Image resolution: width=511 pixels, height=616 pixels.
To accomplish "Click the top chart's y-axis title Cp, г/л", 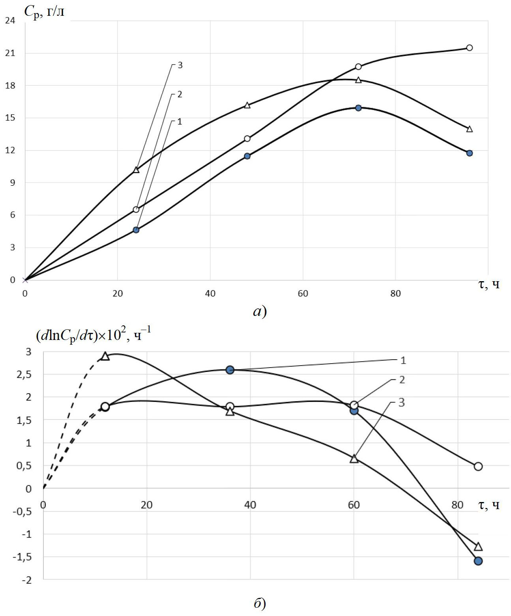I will point(44,12).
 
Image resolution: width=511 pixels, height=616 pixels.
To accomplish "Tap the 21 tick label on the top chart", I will point(10,53).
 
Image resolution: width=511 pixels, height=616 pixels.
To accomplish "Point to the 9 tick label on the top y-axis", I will point(13,183).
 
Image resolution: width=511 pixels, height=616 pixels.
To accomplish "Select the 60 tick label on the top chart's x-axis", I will point(303,293).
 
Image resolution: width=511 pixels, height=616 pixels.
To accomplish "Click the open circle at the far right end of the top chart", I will point(469,48).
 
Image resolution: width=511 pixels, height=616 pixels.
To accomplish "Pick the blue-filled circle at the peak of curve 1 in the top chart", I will point(358,108).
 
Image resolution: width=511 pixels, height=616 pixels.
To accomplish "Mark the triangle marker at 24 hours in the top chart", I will point(136,170).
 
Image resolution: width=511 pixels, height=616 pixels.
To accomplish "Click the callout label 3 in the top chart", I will point(180,65).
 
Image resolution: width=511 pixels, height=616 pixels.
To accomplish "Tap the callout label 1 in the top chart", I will point(180,121).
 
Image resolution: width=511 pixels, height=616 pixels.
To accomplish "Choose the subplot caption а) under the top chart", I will point(260,312).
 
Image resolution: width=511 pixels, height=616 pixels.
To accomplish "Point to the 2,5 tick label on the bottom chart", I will point(24,374).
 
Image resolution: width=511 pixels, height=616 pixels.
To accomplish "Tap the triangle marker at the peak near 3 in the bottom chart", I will point(105,356).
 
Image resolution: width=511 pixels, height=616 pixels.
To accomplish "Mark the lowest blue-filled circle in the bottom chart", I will point(478,561).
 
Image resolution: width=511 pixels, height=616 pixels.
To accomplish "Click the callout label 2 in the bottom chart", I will point(402,380).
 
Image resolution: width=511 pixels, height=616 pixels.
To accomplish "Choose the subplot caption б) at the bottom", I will point(260,603).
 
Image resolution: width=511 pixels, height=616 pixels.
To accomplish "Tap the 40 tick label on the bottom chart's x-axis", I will point(250,505).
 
